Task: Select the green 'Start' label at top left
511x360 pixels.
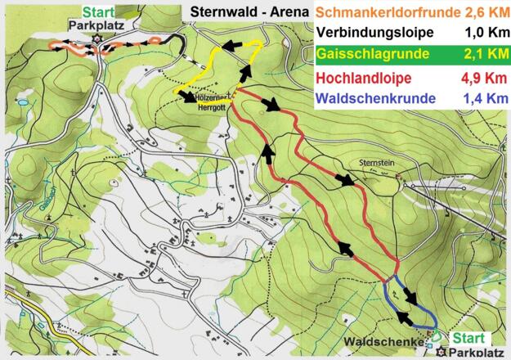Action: (x=97, y=11)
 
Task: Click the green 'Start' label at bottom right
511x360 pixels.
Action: (x=468, y=337)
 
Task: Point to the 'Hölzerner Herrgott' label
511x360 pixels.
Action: (x=211, y=99)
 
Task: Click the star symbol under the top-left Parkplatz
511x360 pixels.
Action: (x=96, y=37)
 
